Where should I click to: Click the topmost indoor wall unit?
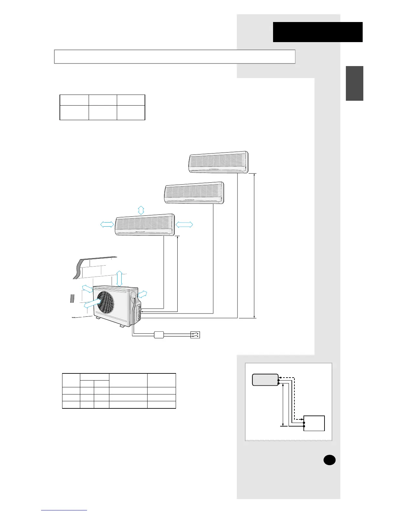click(219, 162)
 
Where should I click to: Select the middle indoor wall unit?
click(194, 193)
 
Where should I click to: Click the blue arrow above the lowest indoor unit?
click(141, 210)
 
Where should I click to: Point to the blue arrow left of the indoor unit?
click(107, 224)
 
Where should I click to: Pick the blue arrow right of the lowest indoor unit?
click(184, 224)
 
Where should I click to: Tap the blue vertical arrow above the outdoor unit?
click(119, 278)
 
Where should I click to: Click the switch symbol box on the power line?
click(195, 335)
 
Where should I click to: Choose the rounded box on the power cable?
click(159, 335)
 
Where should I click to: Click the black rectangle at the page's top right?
click(317, 32)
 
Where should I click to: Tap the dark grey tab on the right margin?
click(354, 83)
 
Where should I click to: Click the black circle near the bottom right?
click(329, 460)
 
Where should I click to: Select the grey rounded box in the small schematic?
click(265, 380)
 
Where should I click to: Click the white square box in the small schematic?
click(314, 423)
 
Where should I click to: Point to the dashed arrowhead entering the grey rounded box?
click(280, 377)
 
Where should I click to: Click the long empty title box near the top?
click(175, 57)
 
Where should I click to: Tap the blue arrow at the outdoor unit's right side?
click(143, 294)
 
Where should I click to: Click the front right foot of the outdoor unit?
click(122, 325)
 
